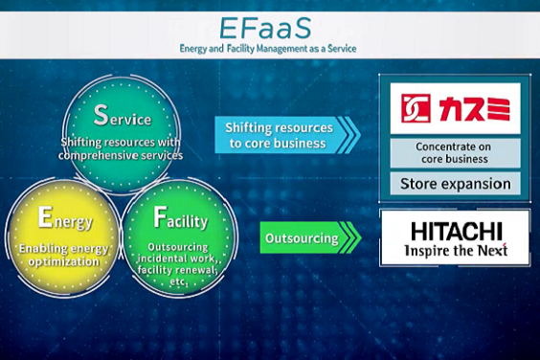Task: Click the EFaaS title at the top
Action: pos(265,29)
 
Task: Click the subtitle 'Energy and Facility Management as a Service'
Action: pos(268,49)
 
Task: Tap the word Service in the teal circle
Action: pos(123,116)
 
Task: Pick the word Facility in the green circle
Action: pos(180,217)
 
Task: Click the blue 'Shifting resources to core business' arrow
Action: pos(287,135)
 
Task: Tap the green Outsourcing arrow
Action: pos(310,237)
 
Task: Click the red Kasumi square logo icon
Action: pos(416,108)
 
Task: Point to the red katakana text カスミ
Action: pos(475,109)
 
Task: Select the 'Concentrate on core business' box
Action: pos(455,153)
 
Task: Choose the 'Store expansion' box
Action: pos(455,184)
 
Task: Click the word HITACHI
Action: pos(457,232)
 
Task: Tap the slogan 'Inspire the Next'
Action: pos(456,251)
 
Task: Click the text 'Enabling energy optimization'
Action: pos(63,255)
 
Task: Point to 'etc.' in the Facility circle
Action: pos(178,281)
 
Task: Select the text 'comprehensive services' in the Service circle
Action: pos(121,156)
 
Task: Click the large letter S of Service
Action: pos(101,115)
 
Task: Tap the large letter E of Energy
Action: pos(45,217)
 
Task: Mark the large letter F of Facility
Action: pos(160,217)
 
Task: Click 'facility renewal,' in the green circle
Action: pos(177,270)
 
